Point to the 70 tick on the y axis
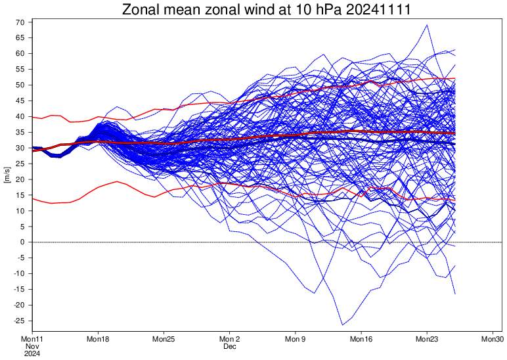[20, 22]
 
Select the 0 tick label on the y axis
[22, 242]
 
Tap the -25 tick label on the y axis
[18, 321]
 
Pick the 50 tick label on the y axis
[20, 85]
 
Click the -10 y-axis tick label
[18, 274]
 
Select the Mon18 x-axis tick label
[97, 340]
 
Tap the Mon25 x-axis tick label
[164, 340]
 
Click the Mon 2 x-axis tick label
[229, 340]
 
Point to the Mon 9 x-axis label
[296, 340]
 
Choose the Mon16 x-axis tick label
[361, 340]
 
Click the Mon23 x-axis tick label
[428, 340]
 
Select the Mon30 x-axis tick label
[493, 340]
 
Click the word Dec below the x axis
[229, 346]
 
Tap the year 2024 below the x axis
[32, 353]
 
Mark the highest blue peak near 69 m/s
[428, 25]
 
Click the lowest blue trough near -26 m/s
[342, 325]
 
